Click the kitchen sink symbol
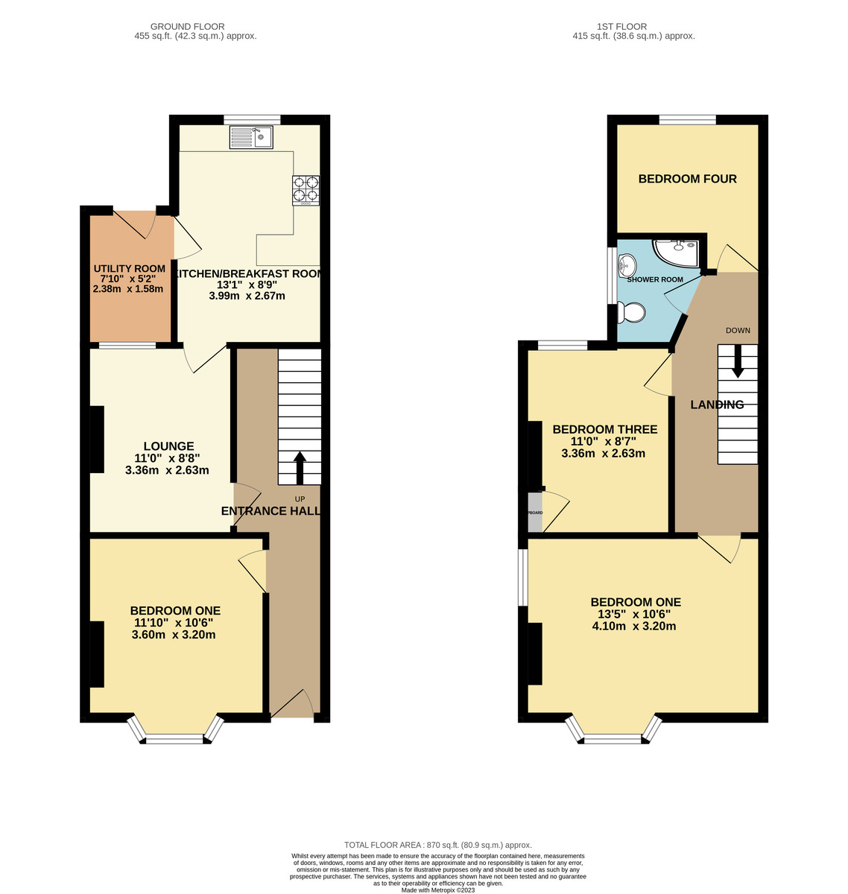click(x=252, y=137)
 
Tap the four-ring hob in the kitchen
click(x=306, y=189)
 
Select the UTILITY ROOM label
click(x=129, y=268)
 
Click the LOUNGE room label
click(x=168, y=446)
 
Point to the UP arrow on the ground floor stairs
click(x=300, y=467)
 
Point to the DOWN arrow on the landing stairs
click(x=738, y=361)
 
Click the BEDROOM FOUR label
click(x=687, y=179)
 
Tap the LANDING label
click(x=717, y=405)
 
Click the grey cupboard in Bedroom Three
click(x=535, y=513)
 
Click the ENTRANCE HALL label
click(x=270, y=510)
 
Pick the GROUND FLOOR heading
click(x=187, y=27)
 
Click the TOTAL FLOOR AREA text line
click(x=437, y=845)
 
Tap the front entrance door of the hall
click(x=293, y=704)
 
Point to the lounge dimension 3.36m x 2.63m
click(x=167, y=470)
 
